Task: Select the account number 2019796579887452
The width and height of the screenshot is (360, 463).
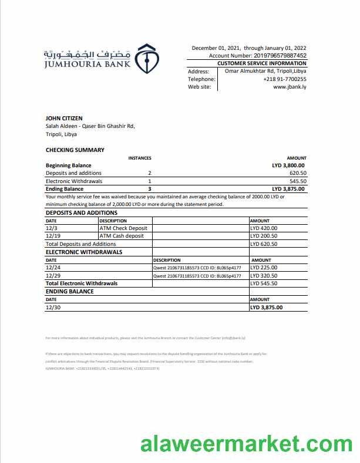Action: pyautogui.click(x=271, y=56)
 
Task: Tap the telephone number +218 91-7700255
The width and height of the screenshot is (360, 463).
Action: pyautogui.click(x=285, y=79)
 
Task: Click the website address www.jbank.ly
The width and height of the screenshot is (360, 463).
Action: pyautogui.click(x=290, y=87)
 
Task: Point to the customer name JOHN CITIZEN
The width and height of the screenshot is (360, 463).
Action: pyautogui.click(x=64, y=119)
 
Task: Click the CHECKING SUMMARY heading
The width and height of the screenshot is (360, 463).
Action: pyautogui.click(x=75, y=150)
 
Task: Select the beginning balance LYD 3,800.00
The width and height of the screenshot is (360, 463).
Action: pyautogui.click(x=288, y=165)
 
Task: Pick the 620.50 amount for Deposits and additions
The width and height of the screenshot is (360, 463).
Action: pyautogui.click(x=298, y=173)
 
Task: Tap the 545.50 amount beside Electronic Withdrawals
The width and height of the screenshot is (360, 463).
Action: pyautogui.click(x=298, y=181)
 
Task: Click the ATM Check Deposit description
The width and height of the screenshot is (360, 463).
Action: pyautogui.click(x=123, y=228)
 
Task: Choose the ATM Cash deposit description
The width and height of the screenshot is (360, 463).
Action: pyautogui.click(x=122, y=236)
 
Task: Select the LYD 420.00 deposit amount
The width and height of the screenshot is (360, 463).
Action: pyautogui.click(x=264, y=228)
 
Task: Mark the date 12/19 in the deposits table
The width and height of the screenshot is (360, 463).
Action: pyautogui.click(x=53, y=236)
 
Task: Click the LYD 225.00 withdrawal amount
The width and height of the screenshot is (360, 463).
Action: pyautogui.click(x=264, y=268)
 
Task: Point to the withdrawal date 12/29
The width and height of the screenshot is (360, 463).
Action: pyautogui.click(x=53, y=275)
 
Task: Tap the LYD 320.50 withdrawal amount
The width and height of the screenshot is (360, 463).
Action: pyautogui.click(x=264, y=275)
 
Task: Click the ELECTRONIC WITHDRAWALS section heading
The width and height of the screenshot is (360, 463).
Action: pyautogui.click(x=84, y=252)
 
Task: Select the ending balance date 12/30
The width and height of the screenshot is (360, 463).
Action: pyautogui.click(x=53, y=307)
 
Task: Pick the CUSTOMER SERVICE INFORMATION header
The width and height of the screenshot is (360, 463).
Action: pyautogui.click(x=261, y=63)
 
